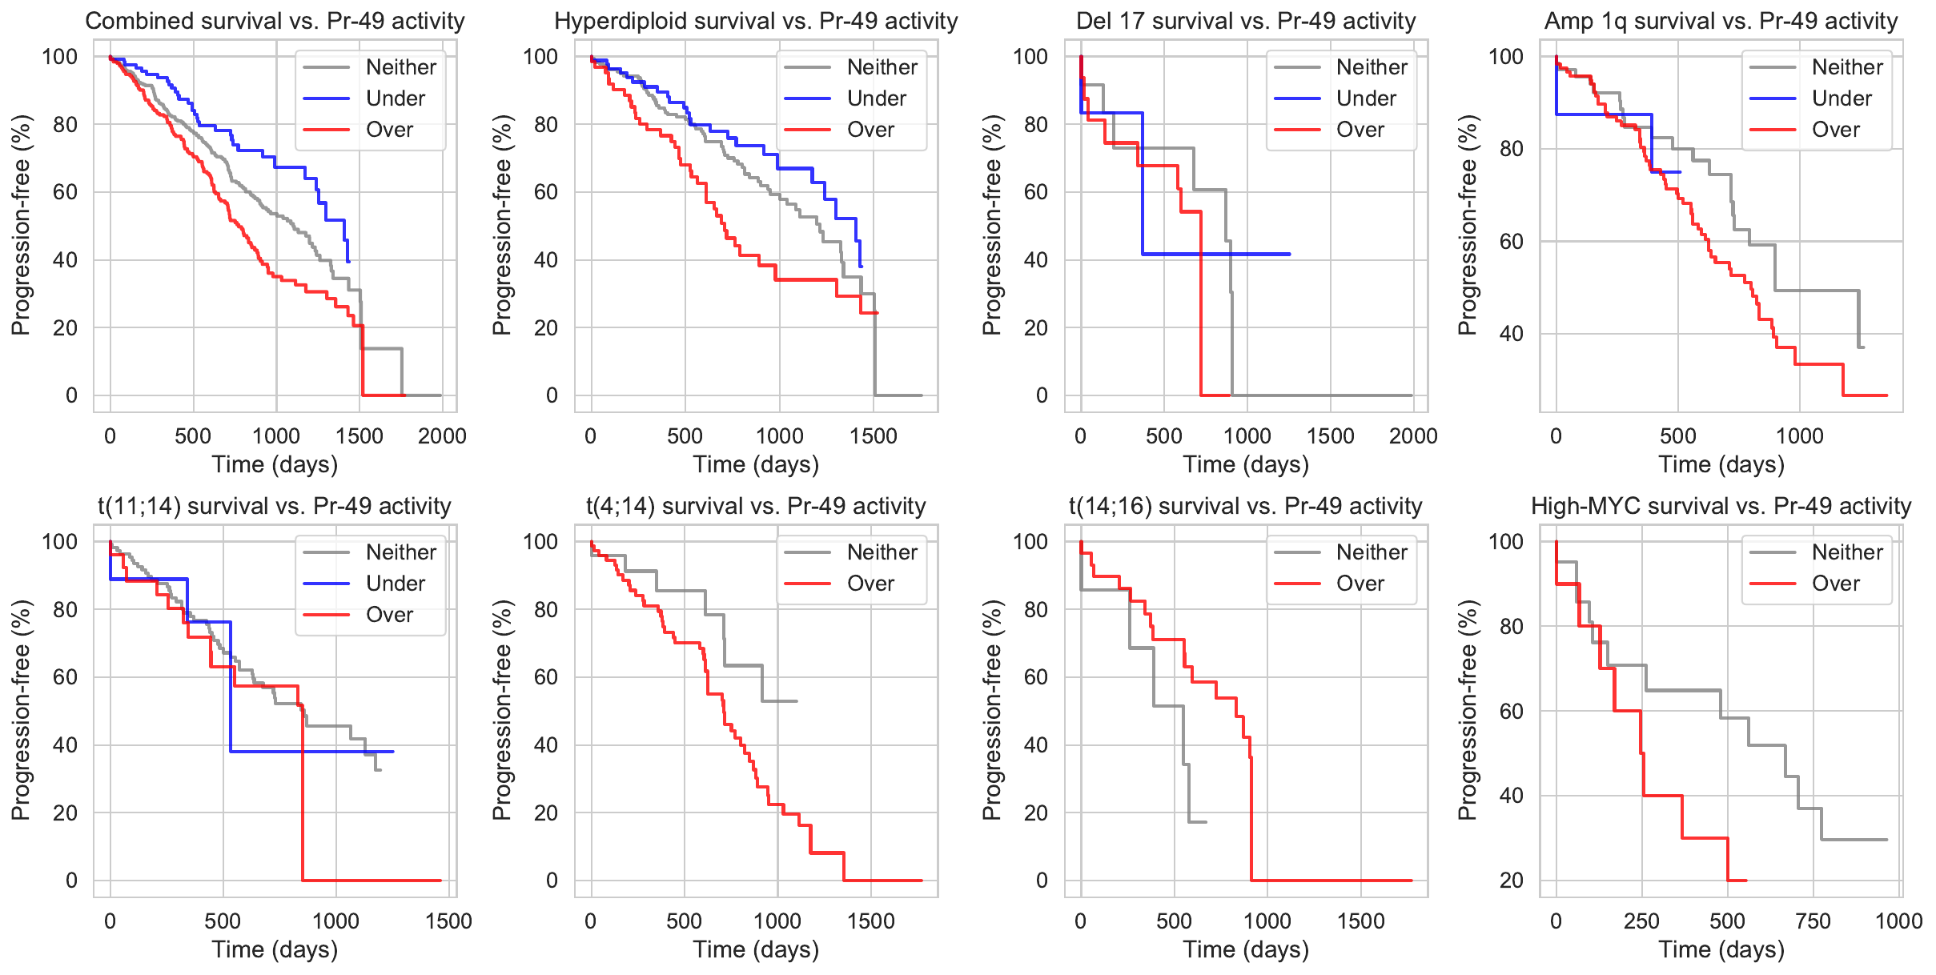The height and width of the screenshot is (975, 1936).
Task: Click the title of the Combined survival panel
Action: [275, 21]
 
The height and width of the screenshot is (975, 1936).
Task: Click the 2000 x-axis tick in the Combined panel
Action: [442, 436]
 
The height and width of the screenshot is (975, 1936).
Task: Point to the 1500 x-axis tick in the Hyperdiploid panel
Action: [874, 436]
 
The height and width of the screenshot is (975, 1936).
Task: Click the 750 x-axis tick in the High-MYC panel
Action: [1813, 921]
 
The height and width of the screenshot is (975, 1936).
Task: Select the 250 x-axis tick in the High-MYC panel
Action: [1641, 921]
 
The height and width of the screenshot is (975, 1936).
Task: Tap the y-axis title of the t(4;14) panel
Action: [502, 710]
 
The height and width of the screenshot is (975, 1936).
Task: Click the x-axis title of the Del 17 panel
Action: [1246, 464]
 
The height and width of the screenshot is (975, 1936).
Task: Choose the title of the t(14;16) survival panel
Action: [1246, 506]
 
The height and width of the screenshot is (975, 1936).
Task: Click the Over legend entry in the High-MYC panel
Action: [1836, 584]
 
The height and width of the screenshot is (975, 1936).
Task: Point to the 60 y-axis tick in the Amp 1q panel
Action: [1511, 242]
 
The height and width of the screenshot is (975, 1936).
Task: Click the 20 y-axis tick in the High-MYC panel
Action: [1511, 881]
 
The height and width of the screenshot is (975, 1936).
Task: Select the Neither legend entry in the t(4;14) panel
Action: [882, 552]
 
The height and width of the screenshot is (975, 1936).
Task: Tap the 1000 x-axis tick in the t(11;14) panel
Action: [335, 921]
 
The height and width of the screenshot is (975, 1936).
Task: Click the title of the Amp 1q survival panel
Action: [1721, 21]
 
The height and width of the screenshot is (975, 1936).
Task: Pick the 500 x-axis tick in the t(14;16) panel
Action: [1174, 921]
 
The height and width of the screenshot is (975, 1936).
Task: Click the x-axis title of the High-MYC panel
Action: [1721, 949]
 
